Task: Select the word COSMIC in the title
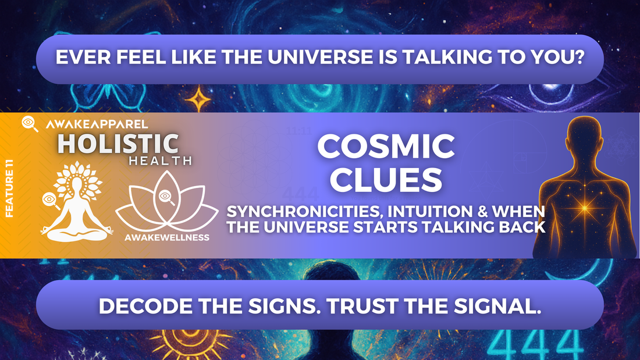386,147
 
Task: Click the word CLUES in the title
386,180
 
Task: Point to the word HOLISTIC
118,144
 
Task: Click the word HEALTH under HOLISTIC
161,161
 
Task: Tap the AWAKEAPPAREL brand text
97,124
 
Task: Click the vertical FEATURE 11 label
9,188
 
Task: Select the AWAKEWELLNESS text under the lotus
167,237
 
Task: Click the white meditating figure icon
76,202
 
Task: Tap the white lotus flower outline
166,202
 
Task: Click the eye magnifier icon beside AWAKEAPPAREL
30,123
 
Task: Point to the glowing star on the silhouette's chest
584,208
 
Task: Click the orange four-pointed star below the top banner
198,98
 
